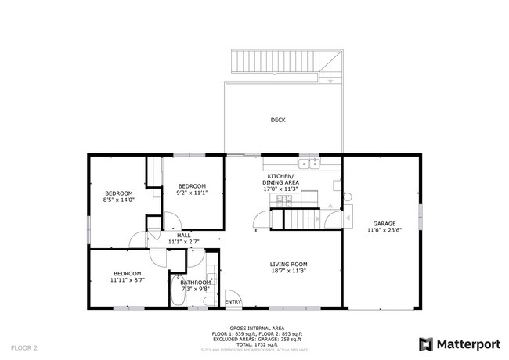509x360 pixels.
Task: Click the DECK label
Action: click(x=278, y=120)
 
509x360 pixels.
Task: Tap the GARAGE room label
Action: click(x=384, y=223)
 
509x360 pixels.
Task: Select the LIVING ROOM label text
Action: click(x=289, y=265)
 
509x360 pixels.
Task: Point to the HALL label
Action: click(x=184, y=235)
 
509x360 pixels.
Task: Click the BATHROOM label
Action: click(x=196, y=283)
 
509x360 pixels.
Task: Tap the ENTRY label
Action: click(x=233, y=301)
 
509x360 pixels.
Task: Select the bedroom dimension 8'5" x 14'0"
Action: click(x=120, y=200)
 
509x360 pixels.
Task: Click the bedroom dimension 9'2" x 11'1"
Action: click(x=191, y=193)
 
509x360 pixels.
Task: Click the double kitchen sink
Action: click(x=312, y=163)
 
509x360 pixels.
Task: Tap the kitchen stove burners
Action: click(x=282, y=200)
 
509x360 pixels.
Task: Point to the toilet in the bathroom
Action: click(x=179, y=276)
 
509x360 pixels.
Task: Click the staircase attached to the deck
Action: click(x=286, y=61)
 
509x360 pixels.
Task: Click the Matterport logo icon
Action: click(x=426, y=344)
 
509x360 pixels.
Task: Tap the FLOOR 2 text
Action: click(x=24, y=346)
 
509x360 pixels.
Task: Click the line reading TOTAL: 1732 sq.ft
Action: click(x=256, y=344)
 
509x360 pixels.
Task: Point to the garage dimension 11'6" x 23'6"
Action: click(x=384, y=230)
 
